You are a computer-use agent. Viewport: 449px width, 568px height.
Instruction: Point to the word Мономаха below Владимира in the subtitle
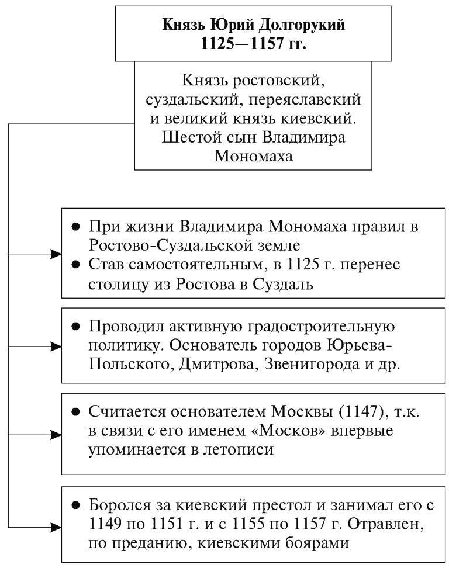253,156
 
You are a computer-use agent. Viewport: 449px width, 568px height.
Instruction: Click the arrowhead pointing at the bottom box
56,528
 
